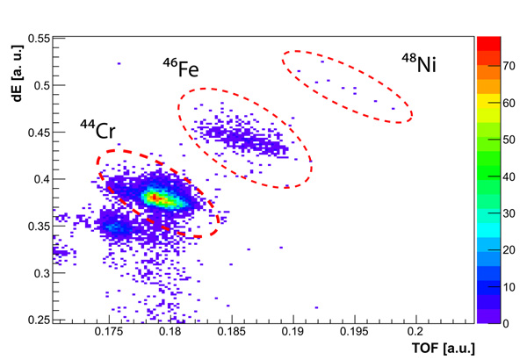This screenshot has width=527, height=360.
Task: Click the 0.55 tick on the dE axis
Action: (x=35, y=40)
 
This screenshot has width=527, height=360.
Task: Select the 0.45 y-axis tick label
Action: (x=35, y=133)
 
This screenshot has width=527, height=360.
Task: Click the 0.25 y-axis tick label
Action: (x=35, y=320)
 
